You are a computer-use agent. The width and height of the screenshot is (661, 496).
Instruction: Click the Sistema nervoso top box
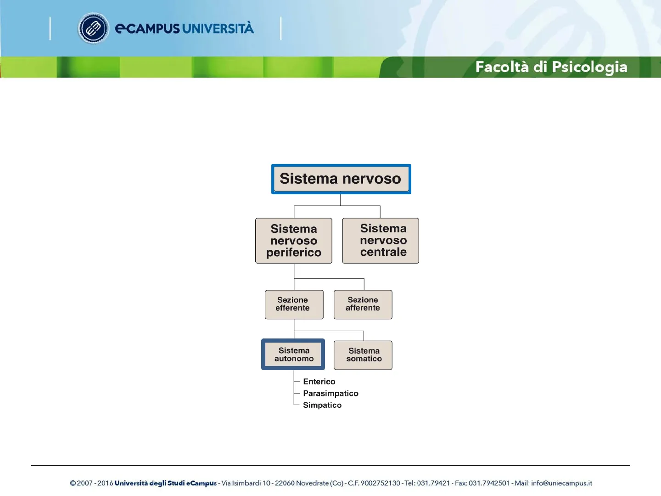tap(341, 179)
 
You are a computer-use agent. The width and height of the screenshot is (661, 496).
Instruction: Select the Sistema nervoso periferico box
tap(294, 241)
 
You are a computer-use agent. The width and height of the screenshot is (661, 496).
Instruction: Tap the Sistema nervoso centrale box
tap(381, 241)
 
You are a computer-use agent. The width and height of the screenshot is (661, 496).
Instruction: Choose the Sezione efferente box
tap(294, 304)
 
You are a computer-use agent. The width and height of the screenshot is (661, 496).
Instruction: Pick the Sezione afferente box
tap(363, 304)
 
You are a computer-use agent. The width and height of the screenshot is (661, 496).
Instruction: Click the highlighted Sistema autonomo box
tap(293, 354)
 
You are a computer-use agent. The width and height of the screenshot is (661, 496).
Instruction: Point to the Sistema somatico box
tap(363, 355)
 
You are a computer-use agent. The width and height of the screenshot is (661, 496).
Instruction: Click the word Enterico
tap(319, 382)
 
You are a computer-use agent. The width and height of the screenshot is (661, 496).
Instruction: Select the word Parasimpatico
tap(330, 393)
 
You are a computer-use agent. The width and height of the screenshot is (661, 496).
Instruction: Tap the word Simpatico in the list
tap(322, 405)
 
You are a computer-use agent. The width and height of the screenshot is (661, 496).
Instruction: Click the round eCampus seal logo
tap(93, 28)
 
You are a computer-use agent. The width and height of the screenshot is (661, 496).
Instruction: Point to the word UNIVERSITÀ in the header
tap(218, 28)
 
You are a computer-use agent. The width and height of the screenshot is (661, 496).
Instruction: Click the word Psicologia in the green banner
tap(590, 67)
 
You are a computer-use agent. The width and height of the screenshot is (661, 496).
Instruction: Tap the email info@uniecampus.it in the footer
tap(561, 483)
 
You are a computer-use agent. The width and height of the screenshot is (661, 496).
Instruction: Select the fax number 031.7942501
tap(489, 483)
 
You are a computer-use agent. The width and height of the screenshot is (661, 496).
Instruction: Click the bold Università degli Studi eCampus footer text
tap(165, 483)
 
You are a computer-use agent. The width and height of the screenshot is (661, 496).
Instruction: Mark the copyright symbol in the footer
tap(73, 483)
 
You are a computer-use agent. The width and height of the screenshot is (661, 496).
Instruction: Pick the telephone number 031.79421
tap(433, 483)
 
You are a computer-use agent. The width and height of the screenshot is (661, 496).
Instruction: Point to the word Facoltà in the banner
tap(502, 67)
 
